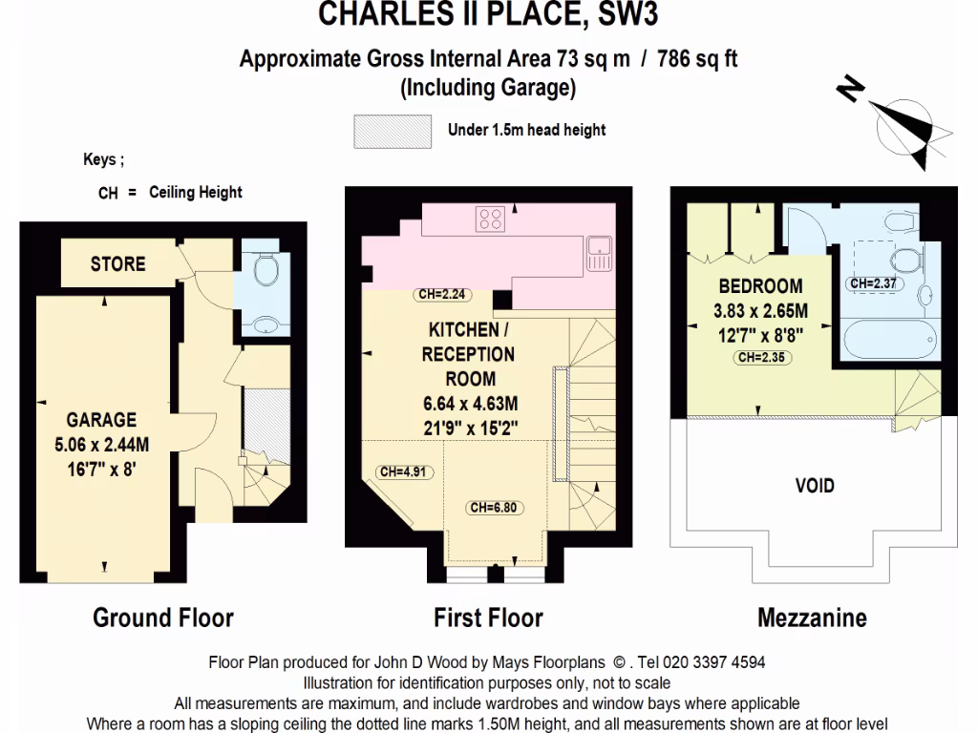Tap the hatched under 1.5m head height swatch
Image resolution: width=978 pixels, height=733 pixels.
[x=390, y=132]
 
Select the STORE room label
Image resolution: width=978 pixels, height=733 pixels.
[x=118, y=264]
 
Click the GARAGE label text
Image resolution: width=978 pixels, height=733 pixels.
[x=101, y=420]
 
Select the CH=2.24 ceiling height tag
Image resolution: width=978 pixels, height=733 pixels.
[x=440, y=295]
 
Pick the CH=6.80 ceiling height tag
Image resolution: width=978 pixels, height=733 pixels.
[x=493, y=508]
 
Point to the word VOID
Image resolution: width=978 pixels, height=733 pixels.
[x=815, y=486]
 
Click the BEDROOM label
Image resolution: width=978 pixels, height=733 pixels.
[x=760, y=286]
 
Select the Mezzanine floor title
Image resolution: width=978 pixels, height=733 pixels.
[x=812, y=618]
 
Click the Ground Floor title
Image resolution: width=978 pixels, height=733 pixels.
[x=162, y=618]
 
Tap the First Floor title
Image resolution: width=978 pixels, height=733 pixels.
[x=488, y=618]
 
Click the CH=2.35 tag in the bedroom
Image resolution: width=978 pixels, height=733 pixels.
[x=763, y=359]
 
